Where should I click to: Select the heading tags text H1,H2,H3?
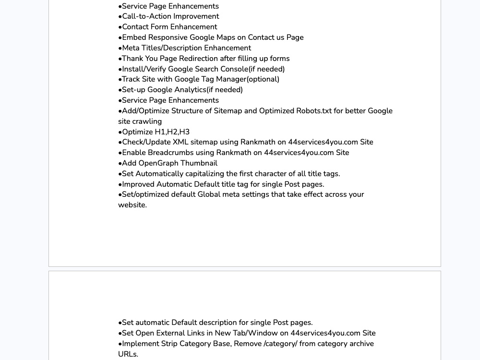pos(172,132)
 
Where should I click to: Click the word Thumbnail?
pos(201,163)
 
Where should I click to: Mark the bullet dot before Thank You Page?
pos(120,59)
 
